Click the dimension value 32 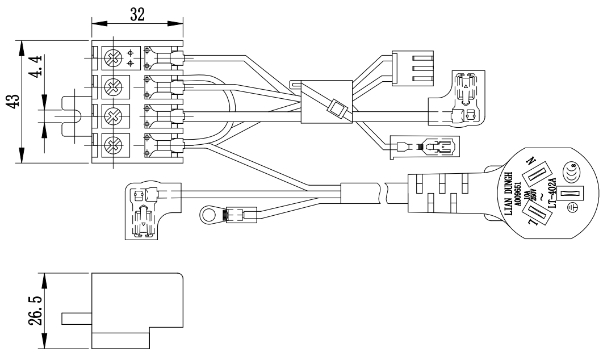click(x=137, y=14)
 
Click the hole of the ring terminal click(x=208, y=215)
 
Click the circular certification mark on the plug click(x=571, y=169)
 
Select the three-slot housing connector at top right click(x=412, y=69)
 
